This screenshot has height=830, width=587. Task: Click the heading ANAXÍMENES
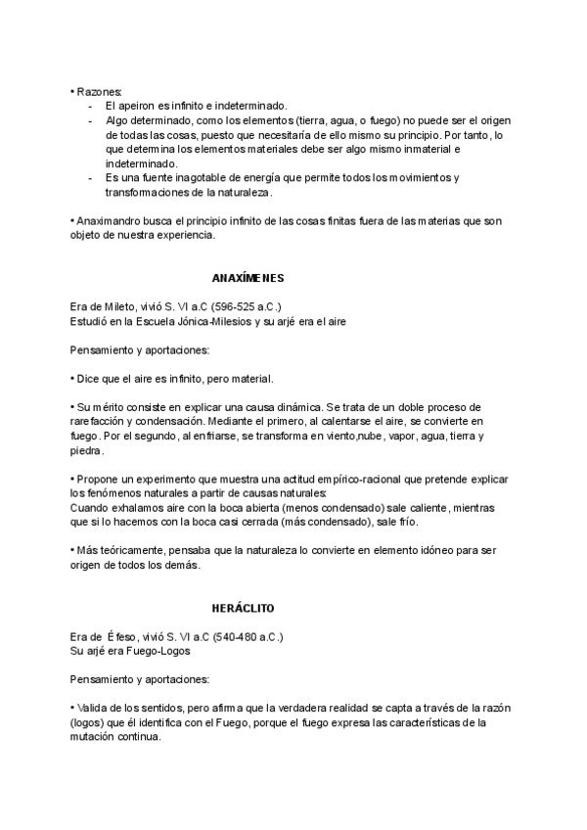tap(248, 278)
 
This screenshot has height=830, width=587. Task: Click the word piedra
tap(87, 451)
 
